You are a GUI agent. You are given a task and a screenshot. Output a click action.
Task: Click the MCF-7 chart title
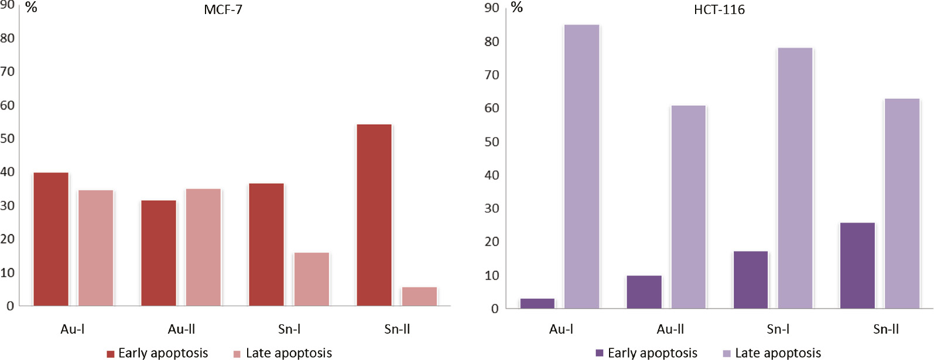pos(223,11)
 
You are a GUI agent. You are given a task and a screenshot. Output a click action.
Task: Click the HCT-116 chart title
pos(719,10)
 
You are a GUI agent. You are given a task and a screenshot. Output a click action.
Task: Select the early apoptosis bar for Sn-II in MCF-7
pos(374,215)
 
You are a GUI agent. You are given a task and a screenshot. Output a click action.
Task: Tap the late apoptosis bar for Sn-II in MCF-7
pos(419,297)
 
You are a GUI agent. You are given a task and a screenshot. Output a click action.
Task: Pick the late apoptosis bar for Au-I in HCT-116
pos(581,167)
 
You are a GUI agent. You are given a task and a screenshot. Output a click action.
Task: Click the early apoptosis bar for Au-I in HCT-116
pos(537,303)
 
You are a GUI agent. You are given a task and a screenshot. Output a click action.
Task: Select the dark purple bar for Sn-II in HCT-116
pos(857,266)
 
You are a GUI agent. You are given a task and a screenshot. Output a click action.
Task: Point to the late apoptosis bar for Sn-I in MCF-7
pos(312,279)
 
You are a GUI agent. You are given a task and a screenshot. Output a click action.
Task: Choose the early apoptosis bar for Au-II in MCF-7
pos(159,253)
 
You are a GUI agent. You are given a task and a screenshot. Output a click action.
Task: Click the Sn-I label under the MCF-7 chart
pos(289,330)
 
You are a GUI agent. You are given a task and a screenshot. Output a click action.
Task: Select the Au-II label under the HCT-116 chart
pos(670,330)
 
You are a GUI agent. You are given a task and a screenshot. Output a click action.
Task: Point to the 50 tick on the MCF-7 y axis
pos(8,139)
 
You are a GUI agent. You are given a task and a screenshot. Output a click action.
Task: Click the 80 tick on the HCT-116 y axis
pos(492,42)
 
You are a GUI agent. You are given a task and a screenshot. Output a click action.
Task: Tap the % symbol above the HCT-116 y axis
pos(516,8)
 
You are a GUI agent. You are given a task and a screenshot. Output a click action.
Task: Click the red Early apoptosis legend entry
pos(157,353)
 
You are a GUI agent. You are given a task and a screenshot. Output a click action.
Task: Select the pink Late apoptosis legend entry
pos(282,353)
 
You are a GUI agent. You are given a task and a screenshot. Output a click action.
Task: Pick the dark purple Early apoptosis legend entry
pos(646,353)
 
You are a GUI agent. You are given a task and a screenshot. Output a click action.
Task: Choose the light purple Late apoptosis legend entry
pos(772,353)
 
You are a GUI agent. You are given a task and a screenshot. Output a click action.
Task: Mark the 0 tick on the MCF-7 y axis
pos(10,306)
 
